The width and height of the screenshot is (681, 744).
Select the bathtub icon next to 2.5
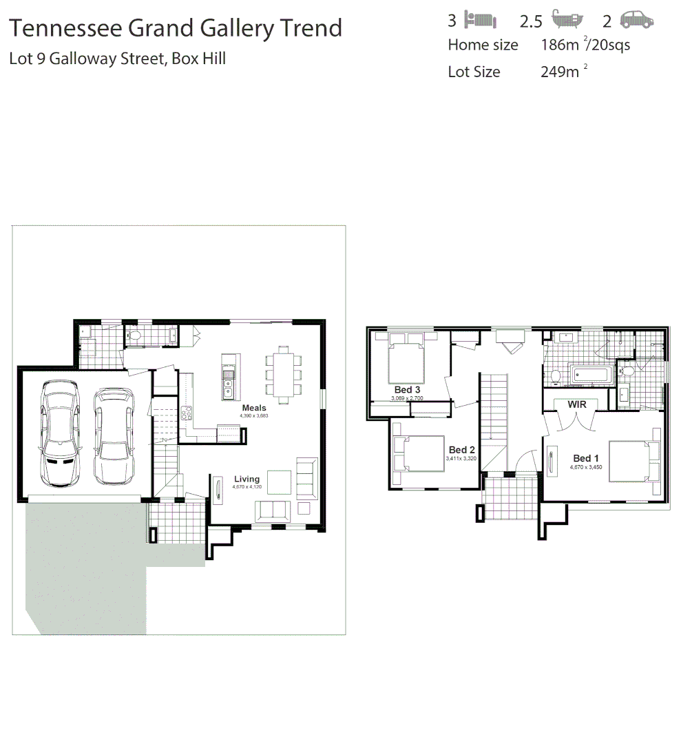click(x=568, y=19)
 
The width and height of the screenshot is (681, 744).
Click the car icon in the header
click(x=636, y=20)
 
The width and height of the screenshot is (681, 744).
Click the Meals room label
click(x=253, y=408)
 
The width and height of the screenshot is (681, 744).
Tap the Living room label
click(x=247, y=479)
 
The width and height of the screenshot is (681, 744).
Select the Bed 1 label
click(x=586, y=458)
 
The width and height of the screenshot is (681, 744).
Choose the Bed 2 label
click(x=461, y=450)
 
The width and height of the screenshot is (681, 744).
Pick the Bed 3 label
click(x=407, y=390)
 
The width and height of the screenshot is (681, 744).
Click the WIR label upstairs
click(x=577, y=404)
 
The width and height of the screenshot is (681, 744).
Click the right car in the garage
click(x=114, y=435)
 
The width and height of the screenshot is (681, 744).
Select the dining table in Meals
click(x=284, y=374)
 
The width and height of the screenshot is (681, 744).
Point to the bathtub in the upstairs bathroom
click(x=591, y=376)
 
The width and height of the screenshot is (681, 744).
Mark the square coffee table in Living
click(x=280, y=482)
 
